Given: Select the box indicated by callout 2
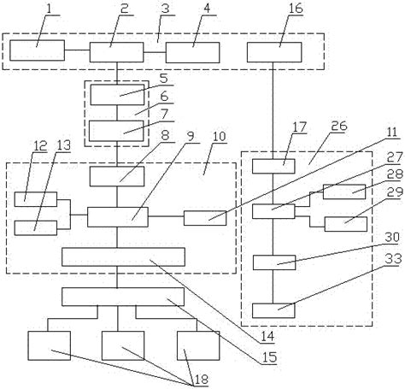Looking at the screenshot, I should pos(116,51).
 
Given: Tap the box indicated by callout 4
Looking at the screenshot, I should pos(192,51).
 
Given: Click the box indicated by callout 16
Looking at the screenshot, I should pos(272,51).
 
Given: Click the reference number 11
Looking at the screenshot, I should pos(392,133).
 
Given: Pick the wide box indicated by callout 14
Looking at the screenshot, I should pos(123,256).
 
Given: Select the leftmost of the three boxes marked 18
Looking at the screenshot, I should pos(50,345).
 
